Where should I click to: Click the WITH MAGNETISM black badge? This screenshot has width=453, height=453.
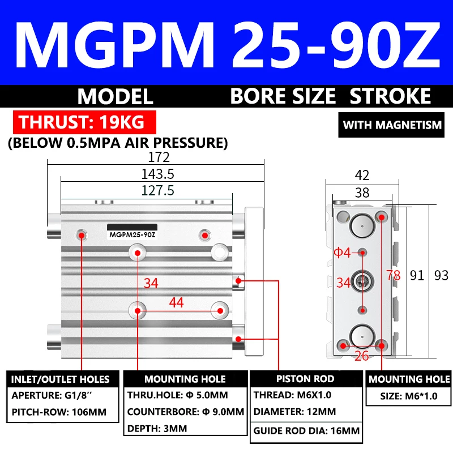click(x=392, y=125)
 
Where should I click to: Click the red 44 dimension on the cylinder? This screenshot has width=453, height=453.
click(x=177, y=303)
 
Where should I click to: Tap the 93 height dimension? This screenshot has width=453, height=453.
click(x=441, y=276)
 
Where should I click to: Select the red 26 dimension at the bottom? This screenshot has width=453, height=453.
click(x=363, y=356)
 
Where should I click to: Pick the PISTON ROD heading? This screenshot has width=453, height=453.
click(x=305, y=379)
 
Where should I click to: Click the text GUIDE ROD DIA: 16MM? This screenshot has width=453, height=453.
click(x=306, y=431)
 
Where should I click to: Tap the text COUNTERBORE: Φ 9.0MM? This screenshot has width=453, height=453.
click(x=185, y=412)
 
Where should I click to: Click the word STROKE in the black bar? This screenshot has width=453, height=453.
click(x=391, y=96)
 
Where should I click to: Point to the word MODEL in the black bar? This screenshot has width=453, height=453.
click(x=116, y=96)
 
